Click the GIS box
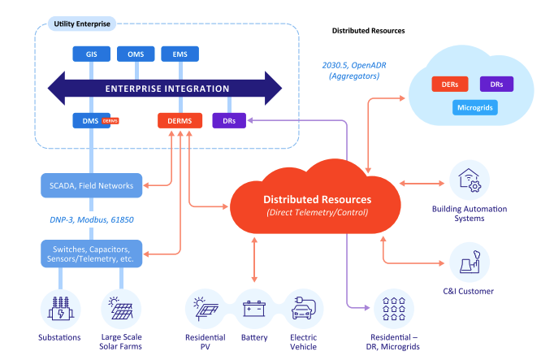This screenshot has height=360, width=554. click(x=91, y=54)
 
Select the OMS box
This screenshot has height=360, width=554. click(x=135, y=54)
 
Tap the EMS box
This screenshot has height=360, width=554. click(x=180, y=54)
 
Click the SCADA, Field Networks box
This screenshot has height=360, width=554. click(x=93, y=185)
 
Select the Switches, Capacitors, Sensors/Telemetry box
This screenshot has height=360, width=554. click(x=93, y=253)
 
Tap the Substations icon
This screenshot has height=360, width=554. click(x=60, y=310)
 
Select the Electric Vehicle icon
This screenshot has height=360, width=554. click(x=303, y=310)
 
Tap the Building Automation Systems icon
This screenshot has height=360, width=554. click(x=470, y=180)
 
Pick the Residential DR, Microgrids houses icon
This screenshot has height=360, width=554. click(x=392, y=310)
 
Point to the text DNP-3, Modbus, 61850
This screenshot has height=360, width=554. click(x=91, y=219)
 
